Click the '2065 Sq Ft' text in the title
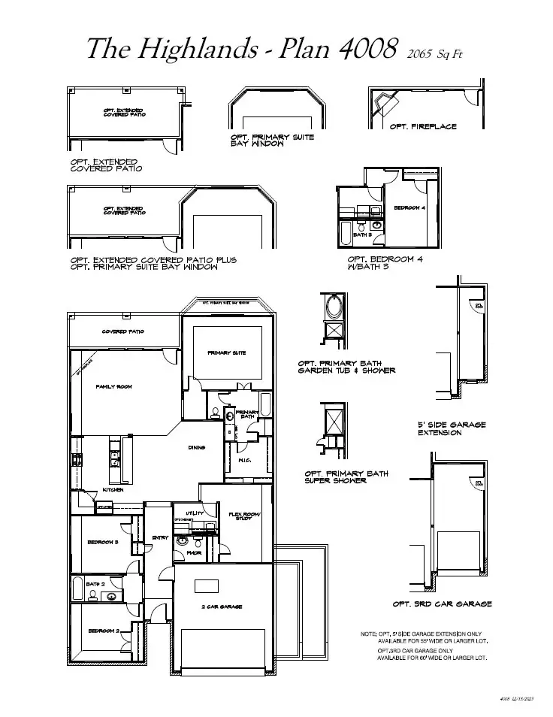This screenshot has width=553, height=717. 440,53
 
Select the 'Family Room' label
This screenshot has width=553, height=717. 113,386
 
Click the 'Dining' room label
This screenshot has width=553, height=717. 197,448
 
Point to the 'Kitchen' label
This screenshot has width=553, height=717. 113,490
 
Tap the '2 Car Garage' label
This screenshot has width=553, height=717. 221,607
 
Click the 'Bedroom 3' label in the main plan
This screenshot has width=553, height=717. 103,542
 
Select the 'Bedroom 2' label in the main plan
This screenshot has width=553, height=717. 104,631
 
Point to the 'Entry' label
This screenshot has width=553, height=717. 160,537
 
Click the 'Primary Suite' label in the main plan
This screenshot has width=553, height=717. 226,352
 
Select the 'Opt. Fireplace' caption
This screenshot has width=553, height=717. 423,126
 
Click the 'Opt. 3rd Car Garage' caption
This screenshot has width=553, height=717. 442,604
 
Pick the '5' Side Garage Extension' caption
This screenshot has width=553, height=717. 452,428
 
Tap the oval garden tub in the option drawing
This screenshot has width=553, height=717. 334,307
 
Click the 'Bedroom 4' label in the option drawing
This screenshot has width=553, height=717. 409,207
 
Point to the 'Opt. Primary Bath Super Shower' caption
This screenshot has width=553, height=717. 346,477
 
